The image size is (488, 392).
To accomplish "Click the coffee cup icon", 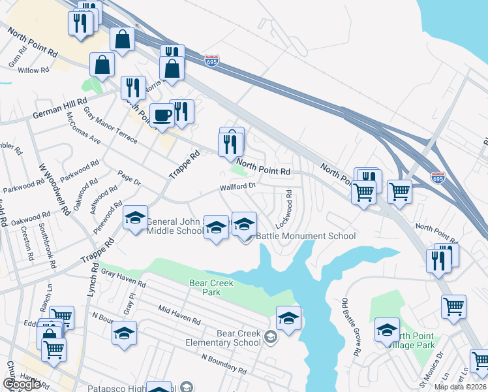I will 162,116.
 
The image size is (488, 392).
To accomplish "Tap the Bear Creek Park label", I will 211,287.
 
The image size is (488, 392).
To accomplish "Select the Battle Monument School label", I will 305,236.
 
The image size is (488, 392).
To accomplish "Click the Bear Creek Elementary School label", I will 229,338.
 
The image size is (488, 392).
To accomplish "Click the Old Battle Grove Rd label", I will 351,327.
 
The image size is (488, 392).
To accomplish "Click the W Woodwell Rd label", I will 53,189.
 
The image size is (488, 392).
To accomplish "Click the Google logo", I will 22,384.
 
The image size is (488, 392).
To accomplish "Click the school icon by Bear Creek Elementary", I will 289,318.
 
